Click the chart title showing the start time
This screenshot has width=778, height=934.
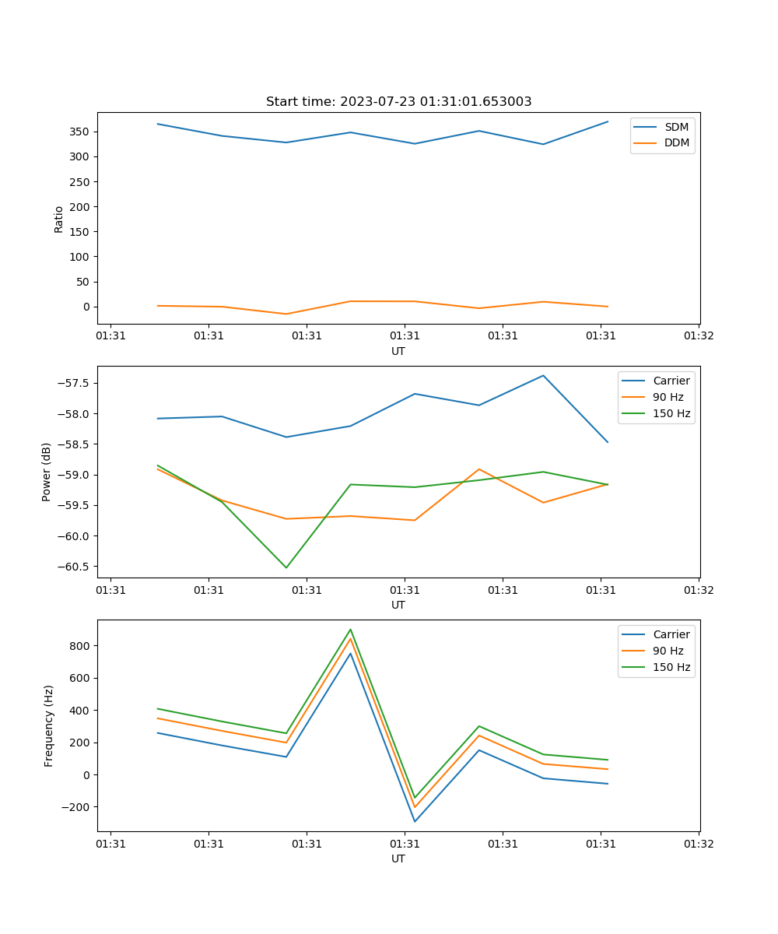pyautogui.click(x=398, y=102)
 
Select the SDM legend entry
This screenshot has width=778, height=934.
pyautogui.click(x=676, y=127)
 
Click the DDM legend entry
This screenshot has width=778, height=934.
pyautogui.click(x=676, y=142)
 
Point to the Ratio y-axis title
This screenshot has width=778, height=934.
pyautogui.click(x=59, y=219)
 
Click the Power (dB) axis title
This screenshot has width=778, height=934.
pyautogui.click(x=47, y=472)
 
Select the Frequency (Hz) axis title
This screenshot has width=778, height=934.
pyautogui.click(x=49, y=725)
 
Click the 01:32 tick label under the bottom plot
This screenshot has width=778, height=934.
pyautogui.click(x=699, y=844)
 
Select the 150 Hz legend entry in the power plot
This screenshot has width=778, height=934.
pyautogui.click(x=671, y=413)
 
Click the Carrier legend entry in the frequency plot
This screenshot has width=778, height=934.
pyautogui.click(x=671, y=634)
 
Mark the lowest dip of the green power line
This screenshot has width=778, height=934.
pyautogui.click(x=286, y=567)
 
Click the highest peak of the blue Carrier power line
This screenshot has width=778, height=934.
pyautogui.click(x=543, y=375)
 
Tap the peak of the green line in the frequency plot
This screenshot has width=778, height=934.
pyautogui.click(x=351, y=629)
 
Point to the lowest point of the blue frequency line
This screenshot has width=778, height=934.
pyautogui.click(x=415, y=821)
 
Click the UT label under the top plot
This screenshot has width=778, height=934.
pyautogui.click(x=398, y=351)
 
